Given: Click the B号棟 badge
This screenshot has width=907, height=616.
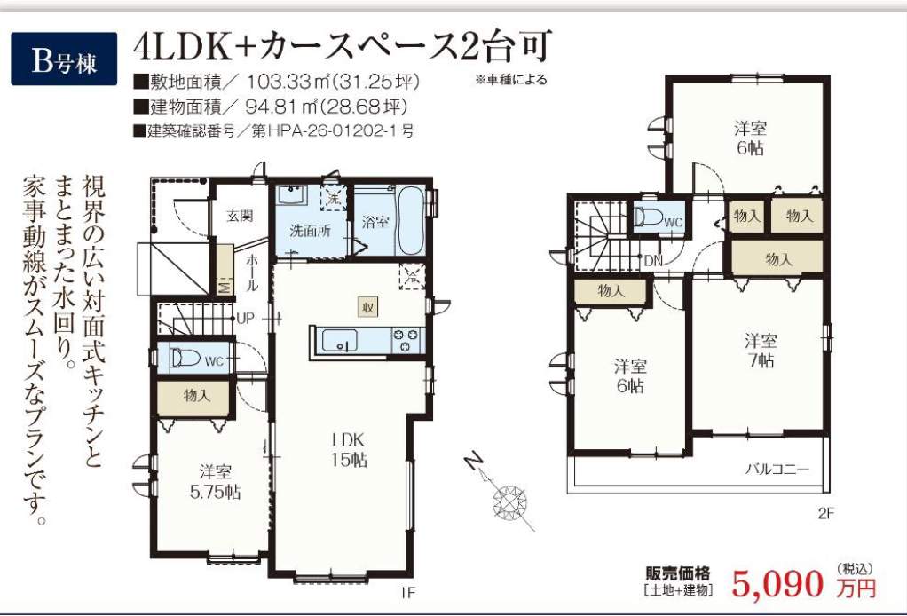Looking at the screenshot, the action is point(64,59).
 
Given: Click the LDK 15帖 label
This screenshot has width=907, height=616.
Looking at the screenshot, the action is point(348,450).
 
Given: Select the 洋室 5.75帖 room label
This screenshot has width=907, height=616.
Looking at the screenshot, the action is point(215,482).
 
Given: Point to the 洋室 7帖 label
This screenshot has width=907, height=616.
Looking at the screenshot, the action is point(760,350).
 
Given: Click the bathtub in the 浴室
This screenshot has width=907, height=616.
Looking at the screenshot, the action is point(411,220).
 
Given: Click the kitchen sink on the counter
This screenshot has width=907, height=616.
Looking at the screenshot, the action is point(340,340).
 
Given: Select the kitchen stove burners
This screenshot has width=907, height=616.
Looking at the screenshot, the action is point(407,340).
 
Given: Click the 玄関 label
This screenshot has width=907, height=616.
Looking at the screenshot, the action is point(240,216).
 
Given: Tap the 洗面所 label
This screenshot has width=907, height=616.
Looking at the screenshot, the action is point(310,231).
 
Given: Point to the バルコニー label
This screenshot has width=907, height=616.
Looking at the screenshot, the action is point(777,469).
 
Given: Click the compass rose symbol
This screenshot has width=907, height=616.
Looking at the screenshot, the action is point(509,501).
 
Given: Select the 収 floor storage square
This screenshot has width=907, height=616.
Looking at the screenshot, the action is point(367,306).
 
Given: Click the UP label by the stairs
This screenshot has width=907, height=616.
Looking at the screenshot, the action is point(245,318).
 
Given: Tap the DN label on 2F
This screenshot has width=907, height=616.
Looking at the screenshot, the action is point(653,261).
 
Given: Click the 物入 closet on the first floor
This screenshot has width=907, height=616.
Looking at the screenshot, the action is point(197,396).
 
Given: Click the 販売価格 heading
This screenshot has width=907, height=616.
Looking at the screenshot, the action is point(677,573).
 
